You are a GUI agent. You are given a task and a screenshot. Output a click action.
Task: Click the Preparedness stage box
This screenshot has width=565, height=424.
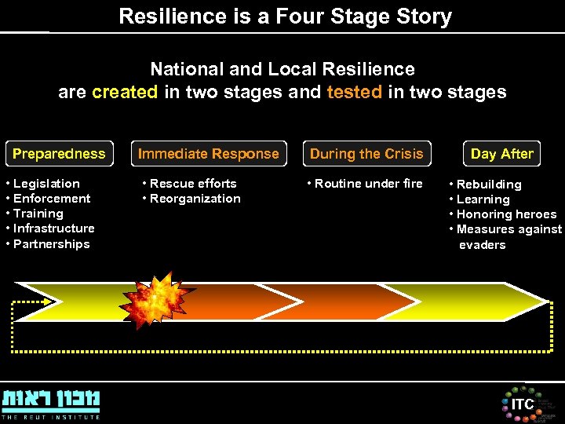point(59,154)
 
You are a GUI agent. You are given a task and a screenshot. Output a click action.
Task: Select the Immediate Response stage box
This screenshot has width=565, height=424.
point(209,154)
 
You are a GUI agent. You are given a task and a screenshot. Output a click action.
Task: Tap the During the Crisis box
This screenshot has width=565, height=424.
point(366,154)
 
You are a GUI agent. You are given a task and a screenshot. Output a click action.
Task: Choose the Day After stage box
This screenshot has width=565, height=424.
point(502,154)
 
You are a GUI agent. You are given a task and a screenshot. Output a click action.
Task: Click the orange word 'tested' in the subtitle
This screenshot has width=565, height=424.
point(354,92)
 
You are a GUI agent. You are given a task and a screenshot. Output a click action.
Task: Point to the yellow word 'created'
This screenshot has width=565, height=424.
point(125,92)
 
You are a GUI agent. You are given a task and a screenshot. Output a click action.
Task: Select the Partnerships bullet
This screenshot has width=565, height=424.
point(51,244)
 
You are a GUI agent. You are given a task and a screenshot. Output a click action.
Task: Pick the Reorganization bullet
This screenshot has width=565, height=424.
point(195,199)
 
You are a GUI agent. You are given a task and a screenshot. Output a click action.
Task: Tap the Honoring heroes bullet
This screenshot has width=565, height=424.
point(506,214)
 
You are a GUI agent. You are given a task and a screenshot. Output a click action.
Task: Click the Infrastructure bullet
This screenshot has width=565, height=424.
point(53,228)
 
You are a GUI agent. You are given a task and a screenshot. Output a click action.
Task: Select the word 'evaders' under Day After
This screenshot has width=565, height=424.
point(483,245)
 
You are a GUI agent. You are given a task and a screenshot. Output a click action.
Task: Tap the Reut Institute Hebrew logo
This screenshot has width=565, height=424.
point(51,402)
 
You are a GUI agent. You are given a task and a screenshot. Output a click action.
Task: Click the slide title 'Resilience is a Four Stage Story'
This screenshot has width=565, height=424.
point(285,16)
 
